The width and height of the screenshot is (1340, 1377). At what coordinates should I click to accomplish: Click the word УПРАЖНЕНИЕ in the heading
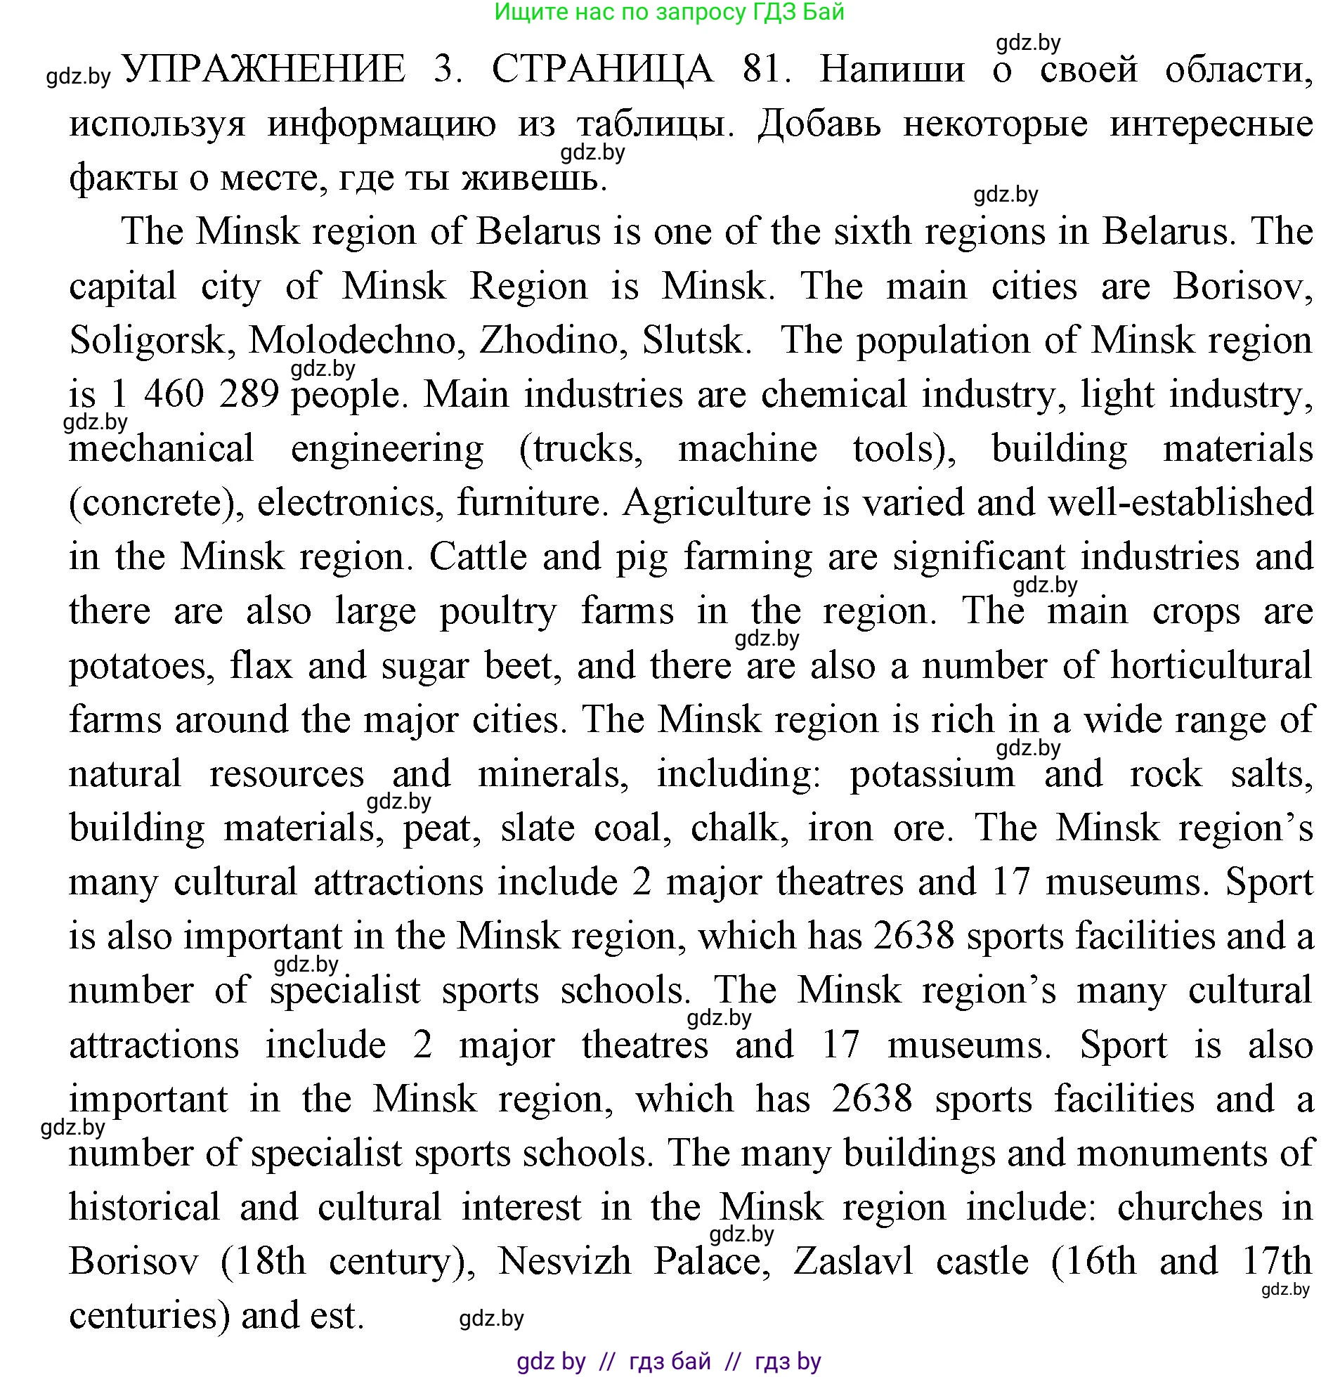coord(265,70)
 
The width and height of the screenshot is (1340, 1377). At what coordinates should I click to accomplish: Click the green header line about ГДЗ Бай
coord(669,12)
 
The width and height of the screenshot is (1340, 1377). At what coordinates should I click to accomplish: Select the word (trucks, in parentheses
coord(580,449)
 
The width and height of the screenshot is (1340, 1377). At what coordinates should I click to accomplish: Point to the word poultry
coord(498,611)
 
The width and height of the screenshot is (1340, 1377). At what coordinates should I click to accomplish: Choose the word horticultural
coord(1211,665)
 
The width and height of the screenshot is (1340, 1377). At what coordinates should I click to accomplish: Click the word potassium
coord(932,774)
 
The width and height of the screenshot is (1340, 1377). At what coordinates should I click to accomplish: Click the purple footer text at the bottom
coord(668,1362)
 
